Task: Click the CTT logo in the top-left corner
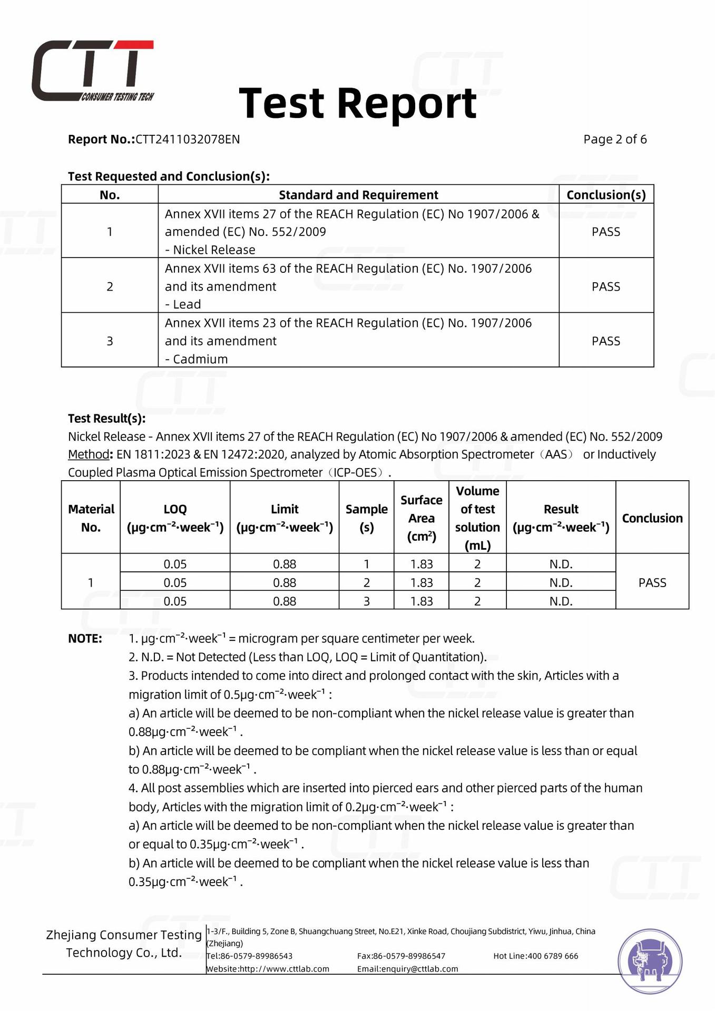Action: (x=92, y=71)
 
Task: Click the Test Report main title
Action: (x=358, y=103)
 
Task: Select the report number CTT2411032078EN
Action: (x=188, y=140)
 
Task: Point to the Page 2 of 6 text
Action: (x=614, y=140)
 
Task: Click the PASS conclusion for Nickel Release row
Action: (x=606, y=232)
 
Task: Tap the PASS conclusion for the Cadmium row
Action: (x=606, y=341)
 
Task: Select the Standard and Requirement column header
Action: (x=358, y=195)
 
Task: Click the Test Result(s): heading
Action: (x=106, y=419)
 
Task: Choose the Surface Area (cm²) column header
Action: (x=422, y=518)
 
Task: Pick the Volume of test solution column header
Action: (x=477, y=518)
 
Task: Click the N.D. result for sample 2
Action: (x=561, y=583)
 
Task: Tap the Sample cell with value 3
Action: (x=367, y=601)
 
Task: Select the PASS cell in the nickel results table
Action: (x=652, y=583)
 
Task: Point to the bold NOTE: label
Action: (x=85, y=639)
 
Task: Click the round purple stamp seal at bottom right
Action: (x=650, y=962)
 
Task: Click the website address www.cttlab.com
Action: (x=285, y=969)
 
